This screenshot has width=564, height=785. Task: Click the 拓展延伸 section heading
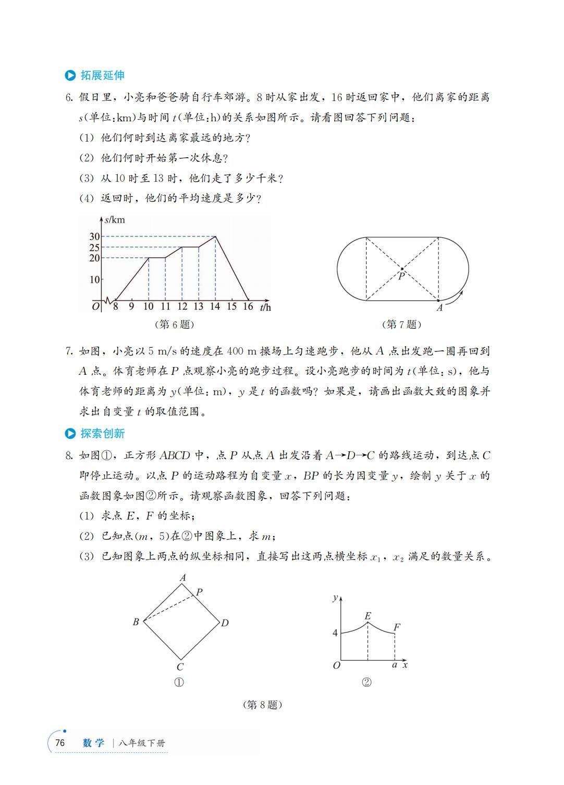[x=102, y=75]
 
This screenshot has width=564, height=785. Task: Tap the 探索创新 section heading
[x=102, y=433]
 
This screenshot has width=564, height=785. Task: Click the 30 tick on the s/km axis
[x=94, y=237]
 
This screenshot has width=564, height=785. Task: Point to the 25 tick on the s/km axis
[x=94, y=247]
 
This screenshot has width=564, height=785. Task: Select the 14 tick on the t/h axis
[x=215, y=307]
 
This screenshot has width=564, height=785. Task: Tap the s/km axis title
[x=115, y=220]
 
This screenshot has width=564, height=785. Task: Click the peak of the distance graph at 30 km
[x=215, y=237]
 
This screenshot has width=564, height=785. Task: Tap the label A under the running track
[x=439, y=308]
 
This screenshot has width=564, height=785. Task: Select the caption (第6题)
[x=174, y=324]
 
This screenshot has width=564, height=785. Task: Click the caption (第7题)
[x=401, y=324]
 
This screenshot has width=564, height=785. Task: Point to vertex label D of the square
[x=225, y=623]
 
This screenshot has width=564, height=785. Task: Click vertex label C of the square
[x=180, y=667]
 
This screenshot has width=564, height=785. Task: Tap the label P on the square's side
[x=199, y=592]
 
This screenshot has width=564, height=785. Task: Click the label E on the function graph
[x=367, y=616]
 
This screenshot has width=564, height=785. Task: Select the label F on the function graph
[x=397, y=627]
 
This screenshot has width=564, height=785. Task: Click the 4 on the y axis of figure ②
[x=335, y=633]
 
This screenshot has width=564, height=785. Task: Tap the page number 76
[x=60, y=743]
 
